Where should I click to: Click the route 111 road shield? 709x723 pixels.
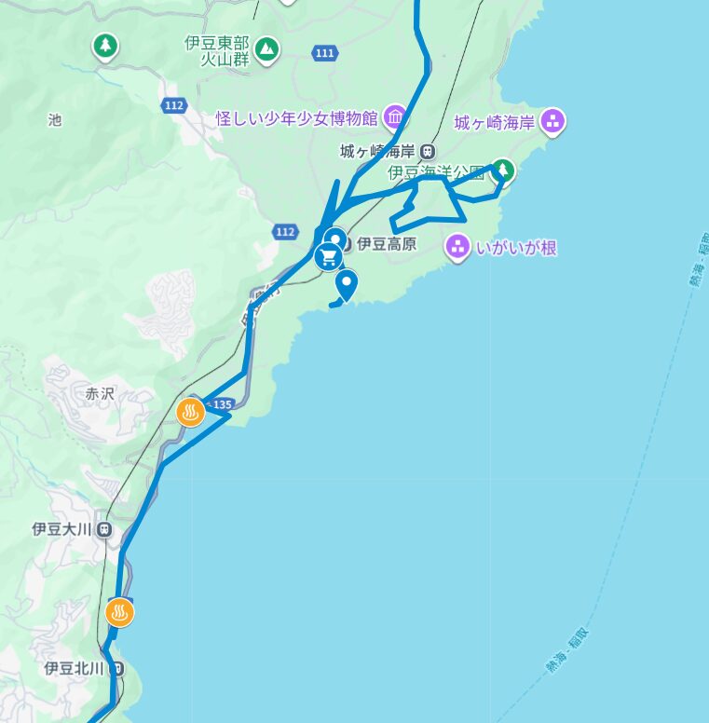click(x=324, y=53)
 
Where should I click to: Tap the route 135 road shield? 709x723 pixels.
click(x=221, y=404)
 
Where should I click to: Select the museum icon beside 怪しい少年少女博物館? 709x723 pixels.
click(x=395, y=116)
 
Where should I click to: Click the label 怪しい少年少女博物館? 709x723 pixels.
click(x=295, y=118)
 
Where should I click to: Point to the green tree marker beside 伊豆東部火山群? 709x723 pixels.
click(x=267, y=48)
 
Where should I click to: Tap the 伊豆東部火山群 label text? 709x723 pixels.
click(x=216, y=51)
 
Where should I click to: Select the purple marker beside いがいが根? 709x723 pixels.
click(x=457, y=246)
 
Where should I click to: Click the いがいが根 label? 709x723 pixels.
click(x=515, y=247)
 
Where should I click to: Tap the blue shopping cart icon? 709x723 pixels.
click(x=328, y=256)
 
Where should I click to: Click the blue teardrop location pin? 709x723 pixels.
click(x=348, y=283)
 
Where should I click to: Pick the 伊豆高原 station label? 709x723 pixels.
click(x=386, y=245)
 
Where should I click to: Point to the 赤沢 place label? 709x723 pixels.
click(x=99, y=394)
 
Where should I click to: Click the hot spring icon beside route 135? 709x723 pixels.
click(x=191, y=412)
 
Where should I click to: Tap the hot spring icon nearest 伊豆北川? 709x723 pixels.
click(x=120, y=613)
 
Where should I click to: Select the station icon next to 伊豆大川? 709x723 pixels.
click(x=103, y=529)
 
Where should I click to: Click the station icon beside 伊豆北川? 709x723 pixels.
click(x=116, y=668)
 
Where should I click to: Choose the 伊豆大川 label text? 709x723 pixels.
click(x=61, y=529)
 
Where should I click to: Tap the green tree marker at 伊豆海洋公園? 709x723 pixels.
click(x=503, y=170)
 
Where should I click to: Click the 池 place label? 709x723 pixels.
click(x=54, y=120)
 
